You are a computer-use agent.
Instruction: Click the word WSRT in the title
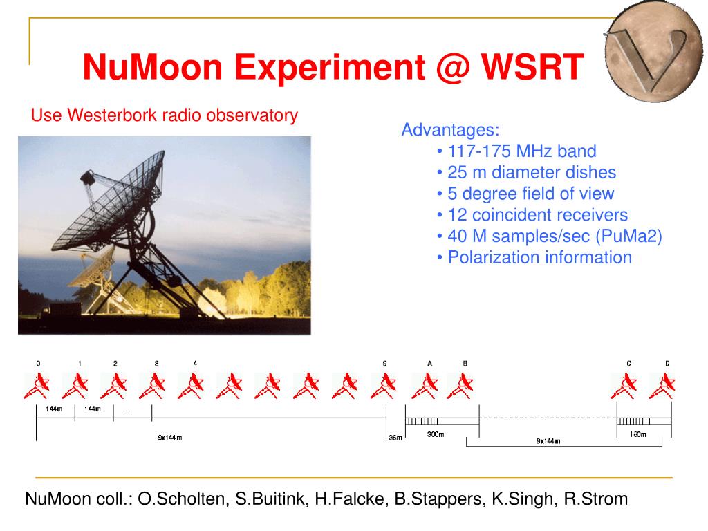click(532, 67)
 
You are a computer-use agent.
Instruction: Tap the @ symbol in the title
click(453, 68)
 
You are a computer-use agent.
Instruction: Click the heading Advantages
click(450, 130)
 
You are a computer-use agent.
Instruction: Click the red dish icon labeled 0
click(37, 386)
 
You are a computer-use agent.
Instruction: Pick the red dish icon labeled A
click(425, 386)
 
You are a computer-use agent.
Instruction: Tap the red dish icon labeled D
click(662, 386)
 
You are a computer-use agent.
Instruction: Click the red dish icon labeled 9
click(384, 386)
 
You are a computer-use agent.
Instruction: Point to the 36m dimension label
click(395, 438)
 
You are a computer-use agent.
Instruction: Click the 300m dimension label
click(436, 434)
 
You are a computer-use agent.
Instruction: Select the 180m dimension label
click(637, 434)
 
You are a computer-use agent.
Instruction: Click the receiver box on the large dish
click(88, 178)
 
